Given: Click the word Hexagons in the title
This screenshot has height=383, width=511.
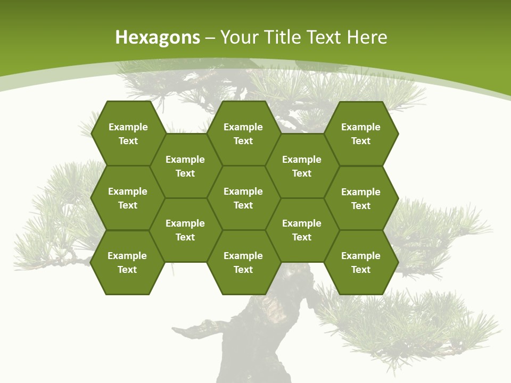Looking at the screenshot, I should pyautogui.click(x=158, y=37).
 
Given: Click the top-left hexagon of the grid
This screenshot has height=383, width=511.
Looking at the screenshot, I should pyautogui.click(x=128, y=134).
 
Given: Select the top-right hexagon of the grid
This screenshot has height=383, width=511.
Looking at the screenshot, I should pyautogui.click(x=361, y=134).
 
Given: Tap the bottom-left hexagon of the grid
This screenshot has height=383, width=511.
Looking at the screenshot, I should pyautogui.click(x=127, y=262).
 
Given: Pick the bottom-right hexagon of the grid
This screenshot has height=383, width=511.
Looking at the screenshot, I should pyautogui.click(x=361, y=262).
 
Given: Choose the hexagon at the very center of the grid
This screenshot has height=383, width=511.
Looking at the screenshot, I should pyautogui.click(x=243, y=198).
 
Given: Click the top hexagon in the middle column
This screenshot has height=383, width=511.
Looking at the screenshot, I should pyautogui.click(x=243, y=134).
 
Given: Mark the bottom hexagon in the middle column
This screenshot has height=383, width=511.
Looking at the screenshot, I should pyautogui.click(x=243, y=262).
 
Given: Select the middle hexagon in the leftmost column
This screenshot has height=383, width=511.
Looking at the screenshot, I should pyautogui.click(x=128, y=198).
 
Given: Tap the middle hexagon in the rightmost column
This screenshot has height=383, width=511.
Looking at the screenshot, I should pyautogui.click(x=361, y=198).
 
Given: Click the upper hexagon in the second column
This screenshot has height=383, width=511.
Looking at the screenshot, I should pyautogui.click(x=185, y=166).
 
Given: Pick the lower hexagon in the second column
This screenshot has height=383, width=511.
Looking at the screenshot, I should pyautogui.click(x=185, y=230).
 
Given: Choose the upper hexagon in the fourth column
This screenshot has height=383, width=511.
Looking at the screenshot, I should pyautogui.click(x=302, y=166).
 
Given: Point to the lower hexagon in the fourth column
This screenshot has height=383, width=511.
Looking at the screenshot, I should pyautogui.click(x=302, y=230).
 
